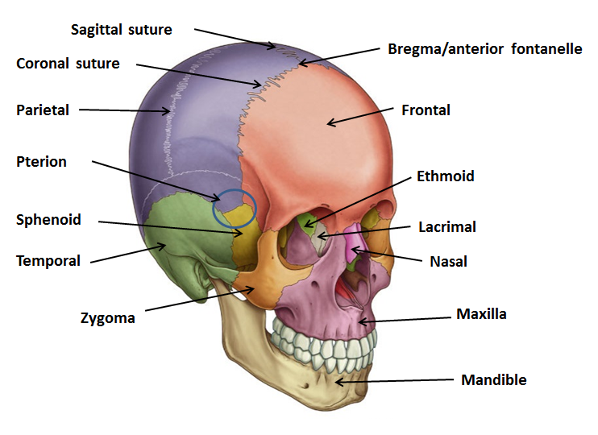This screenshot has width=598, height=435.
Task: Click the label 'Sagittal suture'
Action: (121, 30)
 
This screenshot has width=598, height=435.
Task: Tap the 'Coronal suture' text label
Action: (68, 63)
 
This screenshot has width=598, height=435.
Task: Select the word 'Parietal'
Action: (43, 110)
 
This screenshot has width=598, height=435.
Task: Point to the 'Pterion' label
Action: (41, 161)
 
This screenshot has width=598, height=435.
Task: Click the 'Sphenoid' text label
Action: (48, 219)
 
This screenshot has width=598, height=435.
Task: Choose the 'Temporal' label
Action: (48, 260)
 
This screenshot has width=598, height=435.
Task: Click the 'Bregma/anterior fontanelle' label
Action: (484, 49)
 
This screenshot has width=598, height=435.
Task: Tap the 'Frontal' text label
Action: (426, 110)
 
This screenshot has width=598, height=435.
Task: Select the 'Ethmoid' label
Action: (445, 176)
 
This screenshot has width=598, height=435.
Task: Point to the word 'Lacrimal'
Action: (446, 226)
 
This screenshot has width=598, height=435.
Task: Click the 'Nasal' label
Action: (449, 261)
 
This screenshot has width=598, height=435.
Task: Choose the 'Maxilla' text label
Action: (481, 313)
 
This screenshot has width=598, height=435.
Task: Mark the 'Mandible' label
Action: (493, 379)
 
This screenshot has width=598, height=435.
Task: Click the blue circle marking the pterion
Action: (235, 207)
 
